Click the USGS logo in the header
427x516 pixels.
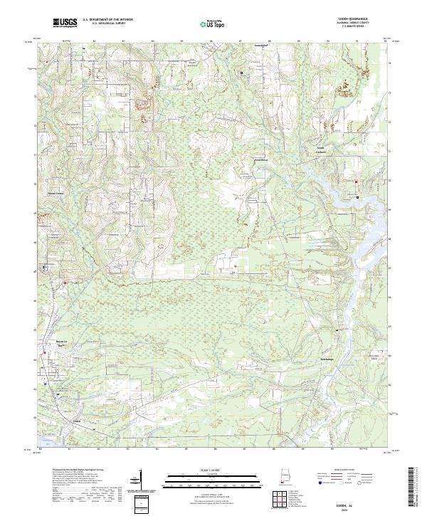[x=65, y=23]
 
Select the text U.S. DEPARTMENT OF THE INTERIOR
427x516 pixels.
[x=107, y=21]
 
